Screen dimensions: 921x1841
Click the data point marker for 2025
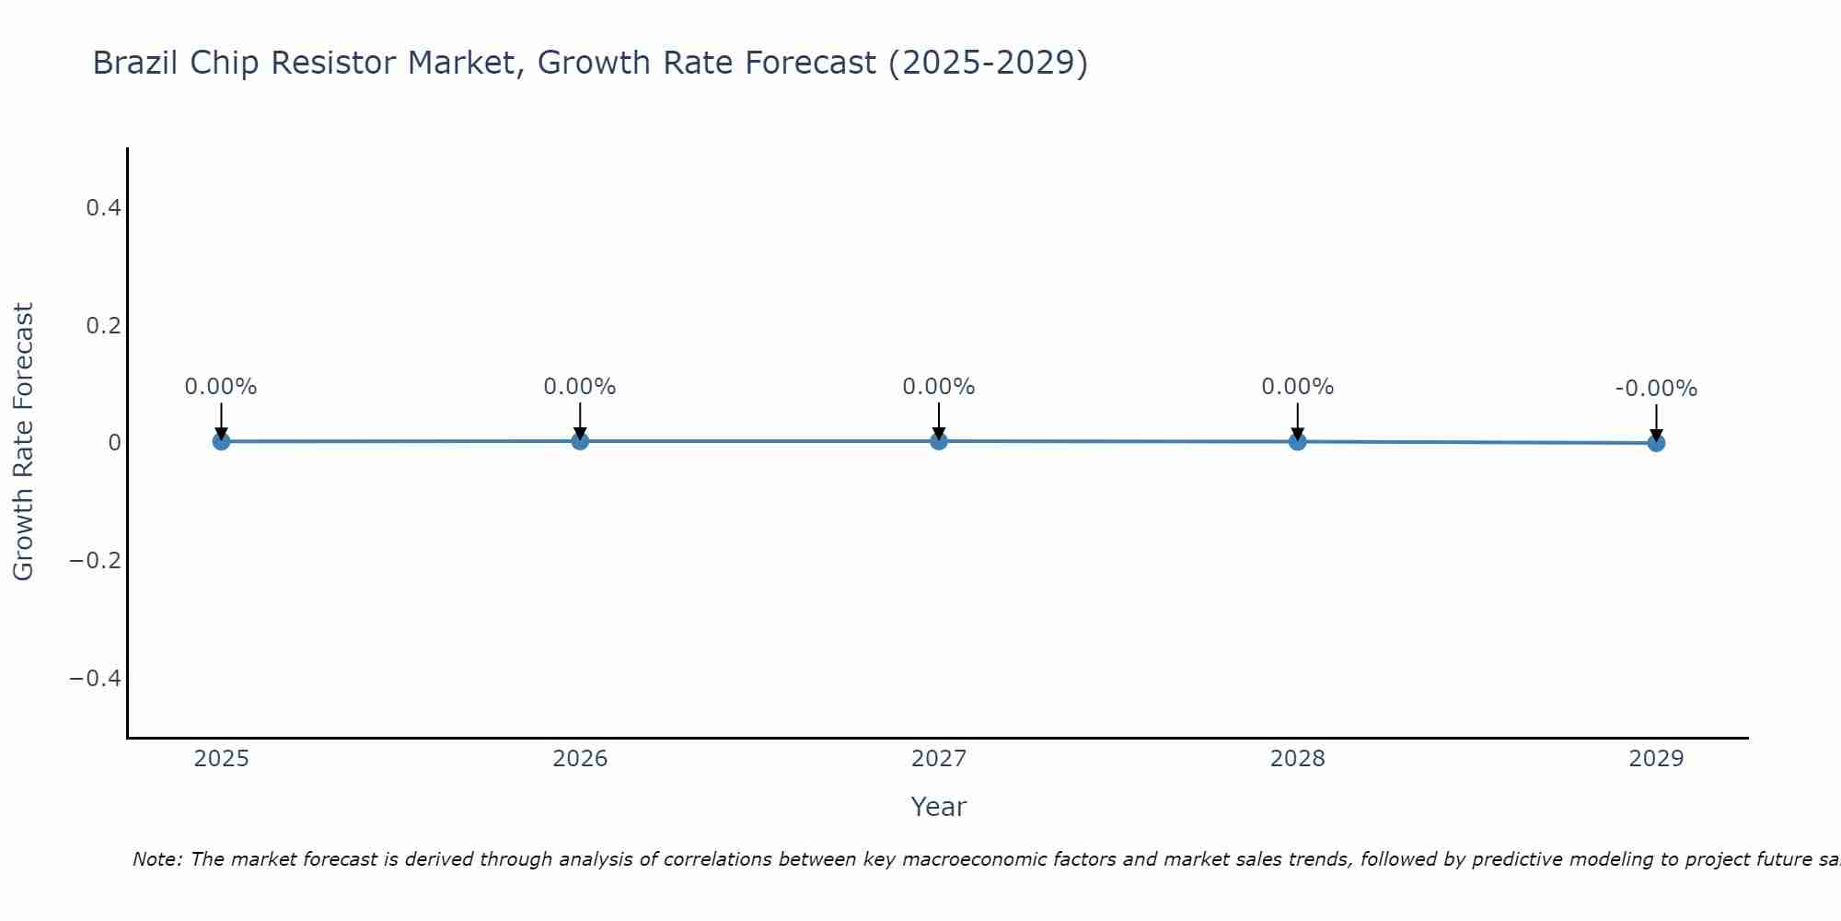221,441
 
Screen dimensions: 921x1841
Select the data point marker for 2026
580,441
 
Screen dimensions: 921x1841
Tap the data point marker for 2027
939,441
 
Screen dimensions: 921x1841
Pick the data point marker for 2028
1297,441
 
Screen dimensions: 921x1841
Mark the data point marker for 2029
1656,443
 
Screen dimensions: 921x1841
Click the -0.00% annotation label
1656,389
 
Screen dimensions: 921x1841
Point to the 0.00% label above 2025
221,387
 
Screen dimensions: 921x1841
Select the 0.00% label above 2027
939,387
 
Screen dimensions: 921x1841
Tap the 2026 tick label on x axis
580,759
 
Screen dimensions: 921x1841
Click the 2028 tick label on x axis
1297,759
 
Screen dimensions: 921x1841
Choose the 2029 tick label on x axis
1656,759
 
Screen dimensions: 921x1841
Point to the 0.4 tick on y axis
103,208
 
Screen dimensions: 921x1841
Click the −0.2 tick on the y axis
96,561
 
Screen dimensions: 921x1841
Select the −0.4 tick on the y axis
96,679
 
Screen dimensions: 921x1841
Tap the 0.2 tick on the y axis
103,326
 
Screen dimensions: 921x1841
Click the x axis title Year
938,807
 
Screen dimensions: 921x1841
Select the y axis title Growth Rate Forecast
23,441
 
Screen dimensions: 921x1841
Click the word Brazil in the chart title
134,63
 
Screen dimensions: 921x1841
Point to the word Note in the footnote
156,859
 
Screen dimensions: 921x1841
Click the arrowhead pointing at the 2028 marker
1297,433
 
